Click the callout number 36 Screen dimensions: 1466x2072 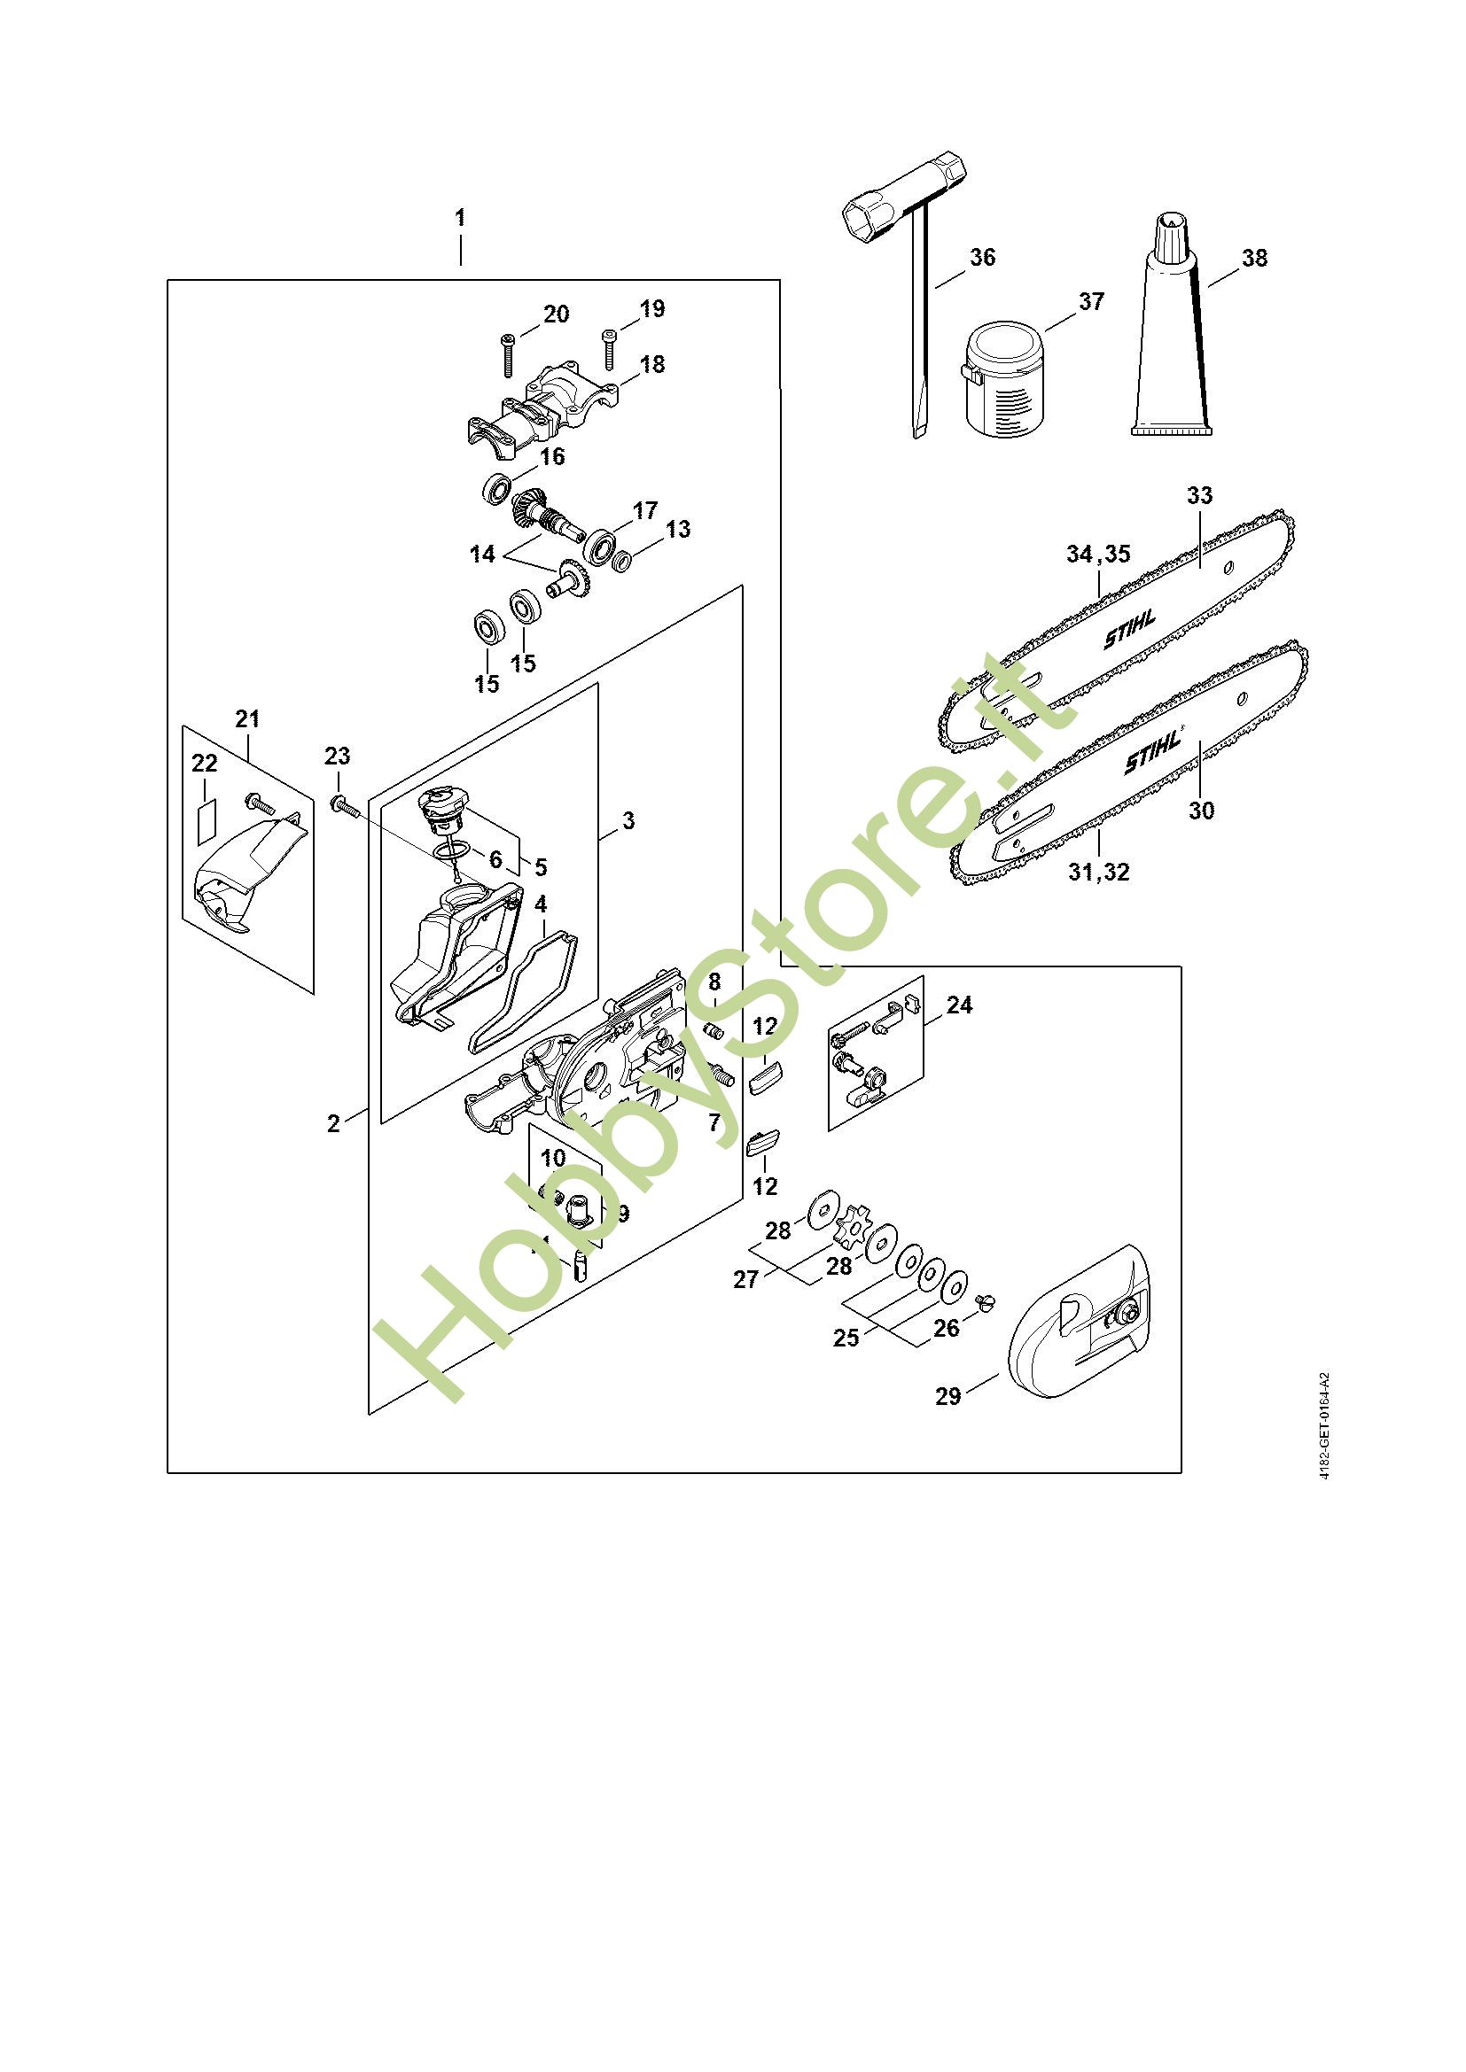point(982,257)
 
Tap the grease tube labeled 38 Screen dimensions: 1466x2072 point(1167,343)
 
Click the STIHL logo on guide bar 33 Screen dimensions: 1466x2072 point(1129,629)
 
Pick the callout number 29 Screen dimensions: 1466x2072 point(947,1397)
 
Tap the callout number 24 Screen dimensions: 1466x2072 point(959,1005)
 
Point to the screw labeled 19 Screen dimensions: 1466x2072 point(609,349)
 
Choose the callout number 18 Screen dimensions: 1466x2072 point(651,364)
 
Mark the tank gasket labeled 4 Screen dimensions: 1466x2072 point(523,992)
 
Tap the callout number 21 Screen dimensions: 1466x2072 point(247,718)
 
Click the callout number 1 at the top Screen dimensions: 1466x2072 point(460,218)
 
